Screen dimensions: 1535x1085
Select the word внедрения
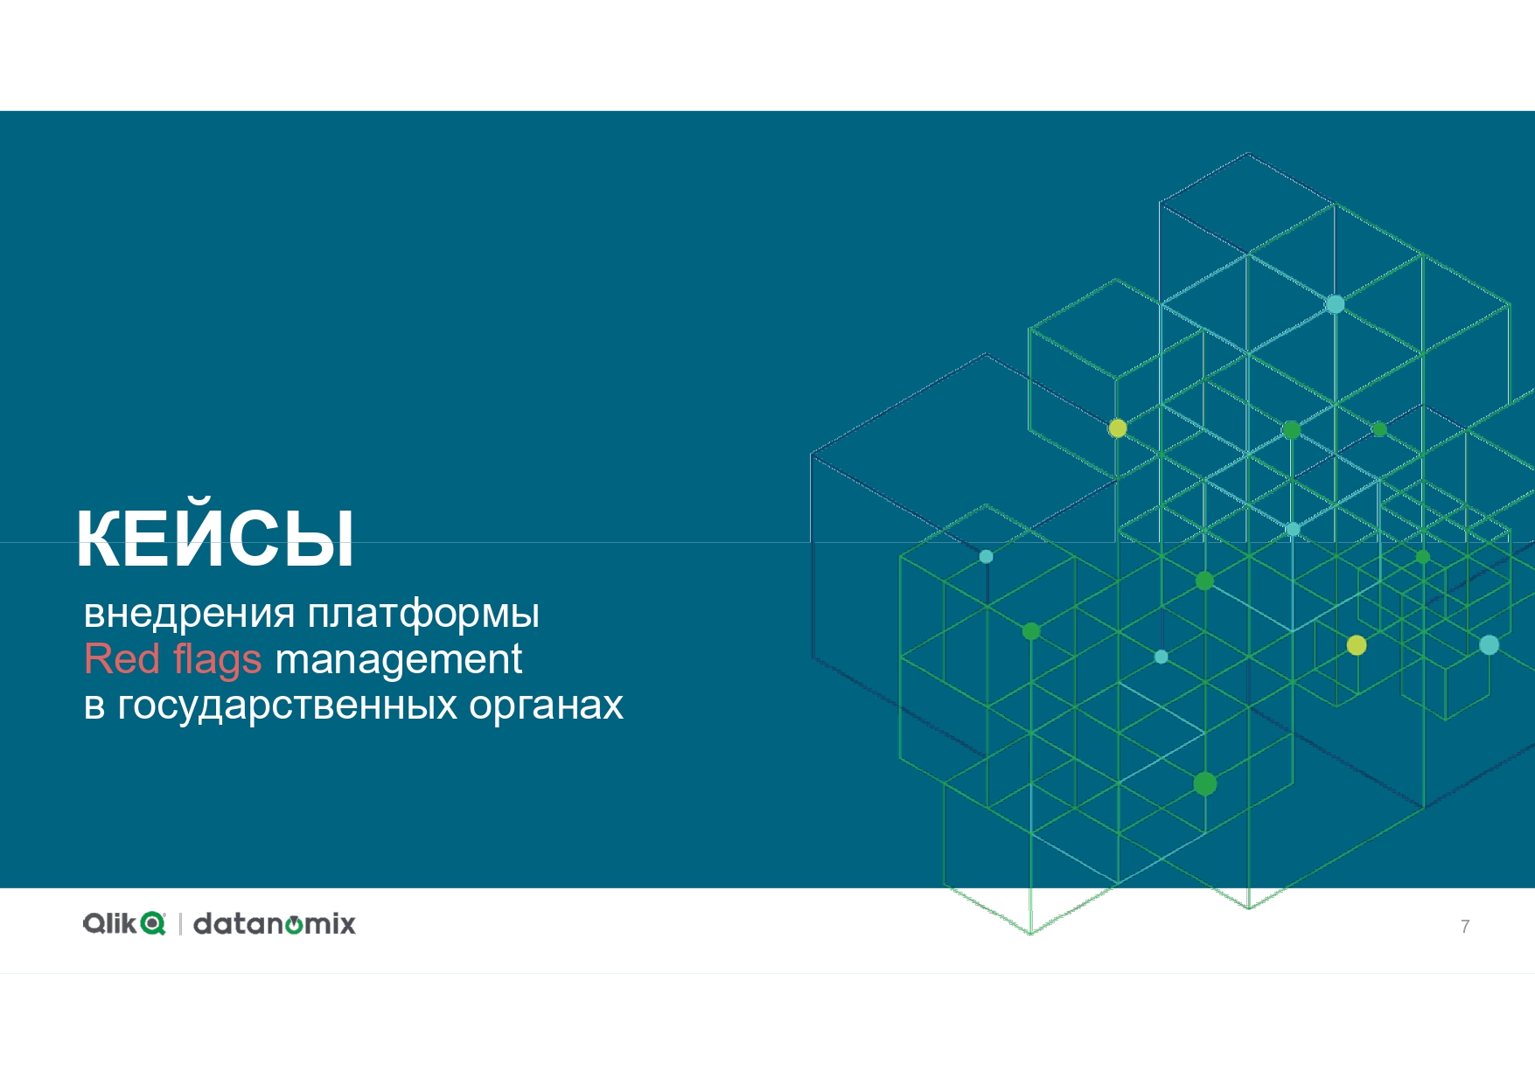(x=189, y=614)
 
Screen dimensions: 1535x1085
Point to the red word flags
(x=218, y=661)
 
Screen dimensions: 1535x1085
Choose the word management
(x=398, y=661)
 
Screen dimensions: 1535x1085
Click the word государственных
(x=287, y=706)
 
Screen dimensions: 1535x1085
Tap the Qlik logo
(x=124, y=923)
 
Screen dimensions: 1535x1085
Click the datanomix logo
(x=275, y=923)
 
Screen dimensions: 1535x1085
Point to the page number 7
(x=1465, y=927)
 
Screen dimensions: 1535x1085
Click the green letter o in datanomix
(x=295, y=925)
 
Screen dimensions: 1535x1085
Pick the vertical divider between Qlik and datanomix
(x=180, y=923)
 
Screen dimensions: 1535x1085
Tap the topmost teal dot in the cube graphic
(x=1335, y=304)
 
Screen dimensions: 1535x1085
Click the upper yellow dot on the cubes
(x=1118, y=428)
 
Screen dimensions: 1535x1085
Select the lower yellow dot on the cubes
(x=1357, y=645)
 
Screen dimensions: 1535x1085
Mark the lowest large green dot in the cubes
(x=1205, y=784)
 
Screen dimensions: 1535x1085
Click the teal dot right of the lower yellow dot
(x=1489, y=645)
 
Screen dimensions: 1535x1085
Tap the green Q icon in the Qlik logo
(x=153, y=924)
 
